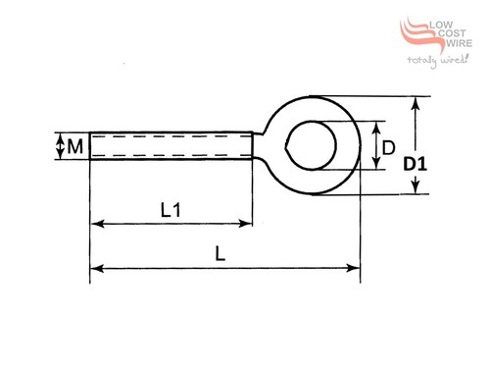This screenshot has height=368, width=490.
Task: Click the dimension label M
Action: coord(75,146)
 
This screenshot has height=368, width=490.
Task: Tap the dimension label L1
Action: coord(171,210)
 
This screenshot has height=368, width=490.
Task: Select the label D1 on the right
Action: coord(415,164)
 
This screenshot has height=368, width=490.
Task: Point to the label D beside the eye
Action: coord(388,148)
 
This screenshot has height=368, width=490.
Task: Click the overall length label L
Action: coord(220,253)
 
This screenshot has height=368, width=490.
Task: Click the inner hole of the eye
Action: coord(311,145)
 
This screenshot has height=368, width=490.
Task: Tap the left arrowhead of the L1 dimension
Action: coord(97,224)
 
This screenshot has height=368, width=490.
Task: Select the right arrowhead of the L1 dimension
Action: coord(246,224)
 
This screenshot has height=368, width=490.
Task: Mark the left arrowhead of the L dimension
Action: coord(97,269)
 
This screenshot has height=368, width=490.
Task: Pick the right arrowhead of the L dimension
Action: coord(353,268)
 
